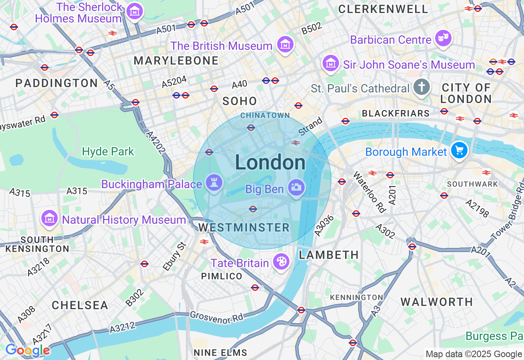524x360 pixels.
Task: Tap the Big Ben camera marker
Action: (297, 187)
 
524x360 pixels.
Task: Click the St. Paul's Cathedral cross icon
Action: (422, 87)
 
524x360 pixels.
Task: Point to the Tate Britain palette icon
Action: (281, 261)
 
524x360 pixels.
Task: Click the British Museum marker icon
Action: (285, 44)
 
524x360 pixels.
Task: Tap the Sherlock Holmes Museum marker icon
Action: (134, 11)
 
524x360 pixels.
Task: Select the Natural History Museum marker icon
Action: (49, 218)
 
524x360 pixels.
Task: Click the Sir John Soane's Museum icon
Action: (330, 63)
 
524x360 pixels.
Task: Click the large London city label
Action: (270, 163)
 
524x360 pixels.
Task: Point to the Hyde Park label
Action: (108, 152)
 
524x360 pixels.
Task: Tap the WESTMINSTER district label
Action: (244, 227)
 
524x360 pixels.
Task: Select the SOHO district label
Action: (239, 101)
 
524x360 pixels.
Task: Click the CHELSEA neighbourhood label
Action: (80, 305)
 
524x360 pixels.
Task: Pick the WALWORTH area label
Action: (436, 302)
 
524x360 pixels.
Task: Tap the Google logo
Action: (27, 350)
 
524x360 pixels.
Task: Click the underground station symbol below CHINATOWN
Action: (251, 128)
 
